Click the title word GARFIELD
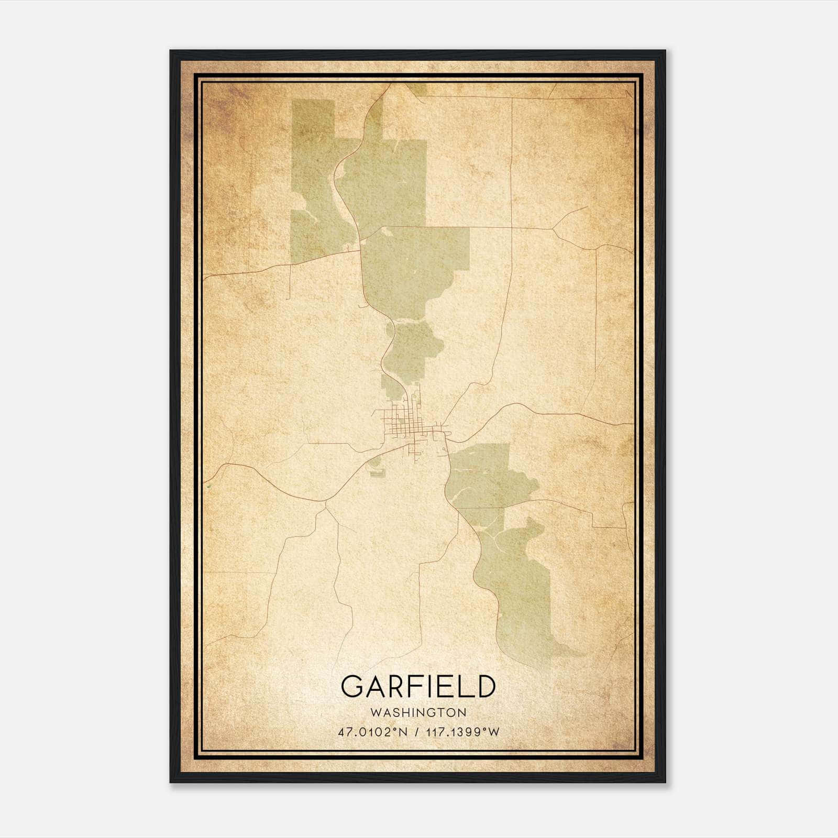point(418,687)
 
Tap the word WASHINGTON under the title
point(418,712)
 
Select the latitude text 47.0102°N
point(372,732)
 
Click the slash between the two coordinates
point(417,732)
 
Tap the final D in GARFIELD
point(486,687)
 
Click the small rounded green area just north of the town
point(414,346)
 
